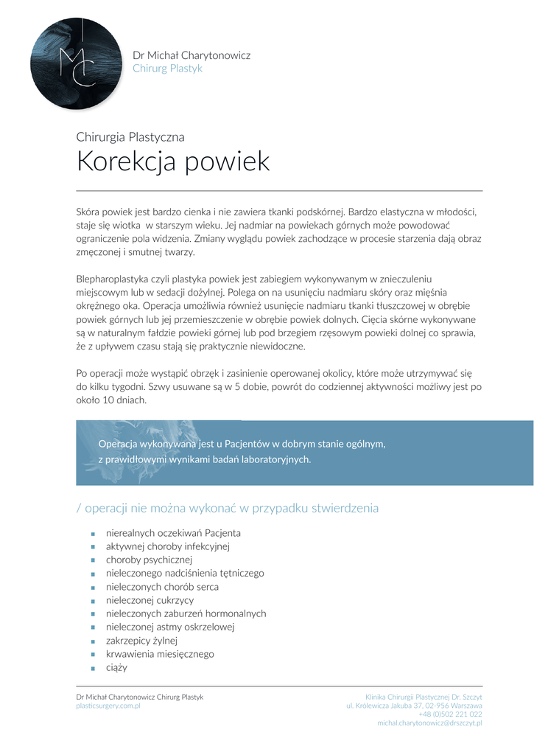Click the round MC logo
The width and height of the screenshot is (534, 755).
(76, 64)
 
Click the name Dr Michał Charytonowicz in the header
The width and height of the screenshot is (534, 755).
(191, 55)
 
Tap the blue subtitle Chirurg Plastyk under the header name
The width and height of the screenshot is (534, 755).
(167, 69)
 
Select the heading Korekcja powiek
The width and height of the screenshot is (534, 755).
(173, 161)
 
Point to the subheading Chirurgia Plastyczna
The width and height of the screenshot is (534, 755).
(130, 136)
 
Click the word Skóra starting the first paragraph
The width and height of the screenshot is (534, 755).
(88, 212)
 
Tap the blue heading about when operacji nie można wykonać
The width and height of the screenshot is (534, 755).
(227, 508)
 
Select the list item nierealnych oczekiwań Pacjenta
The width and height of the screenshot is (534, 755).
(173, 532)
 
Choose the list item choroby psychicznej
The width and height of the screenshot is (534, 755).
(149, 560)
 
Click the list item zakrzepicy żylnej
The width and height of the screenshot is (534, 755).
(141, 641)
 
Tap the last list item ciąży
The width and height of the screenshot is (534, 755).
(116, 668)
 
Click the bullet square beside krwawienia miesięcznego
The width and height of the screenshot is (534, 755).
(93, 655)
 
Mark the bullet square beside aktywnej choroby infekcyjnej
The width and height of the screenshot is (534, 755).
(93, 547)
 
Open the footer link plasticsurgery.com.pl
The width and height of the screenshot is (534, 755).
(108, 706)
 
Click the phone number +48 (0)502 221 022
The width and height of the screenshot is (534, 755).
(450, 714)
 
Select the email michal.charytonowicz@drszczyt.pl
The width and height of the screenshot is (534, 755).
(429, 723)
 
